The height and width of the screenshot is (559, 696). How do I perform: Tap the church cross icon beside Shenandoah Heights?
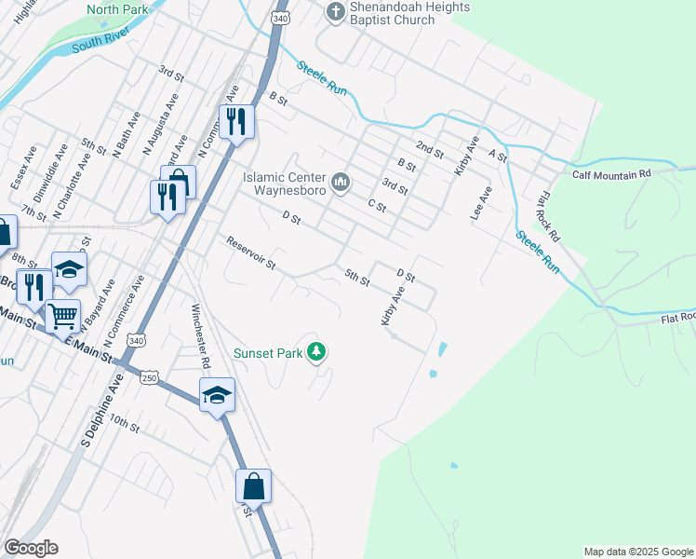coord(335,12)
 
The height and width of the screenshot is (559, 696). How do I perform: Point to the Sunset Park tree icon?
coord(318,351)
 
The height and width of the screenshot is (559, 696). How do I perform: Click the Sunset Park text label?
coord(269,352)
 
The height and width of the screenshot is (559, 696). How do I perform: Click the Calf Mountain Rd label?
coord(611,174)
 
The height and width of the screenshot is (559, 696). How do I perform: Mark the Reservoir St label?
coord(251,253)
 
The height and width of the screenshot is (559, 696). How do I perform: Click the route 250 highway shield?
coord(151,375)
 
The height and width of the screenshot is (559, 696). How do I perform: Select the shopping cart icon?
coord(63,317)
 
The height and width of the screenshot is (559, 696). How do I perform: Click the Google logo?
coord(31,548)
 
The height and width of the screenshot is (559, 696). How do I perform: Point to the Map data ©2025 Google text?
coord(637,552)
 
